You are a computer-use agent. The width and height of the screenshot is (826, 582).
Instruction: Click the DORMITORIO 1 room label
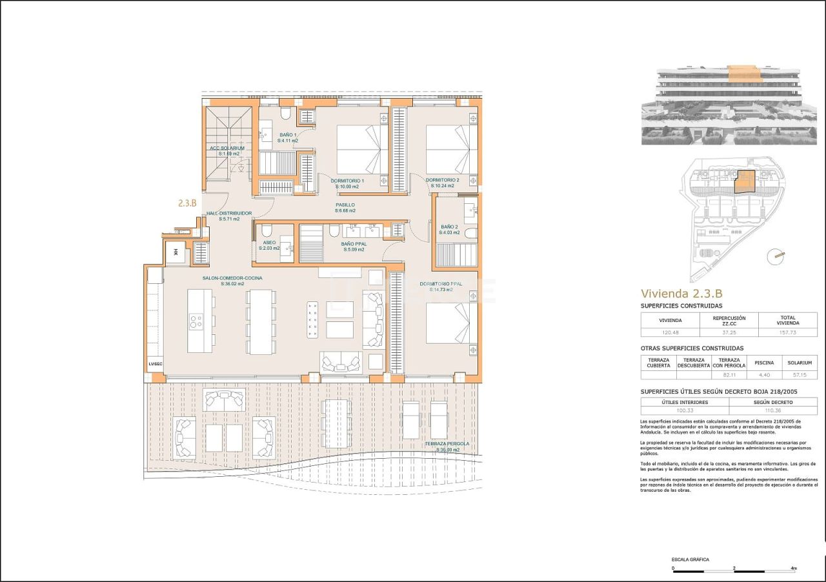[348, 181]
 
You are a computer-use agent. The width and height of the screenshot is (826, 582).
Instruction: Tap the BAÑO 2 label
[450, 226]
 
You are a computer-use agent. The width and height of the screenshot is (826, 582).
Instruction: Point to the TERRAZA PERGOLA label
[447, 444]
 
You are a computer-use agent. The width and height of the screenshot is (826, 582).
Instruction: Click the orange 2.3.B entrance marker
[186, 202]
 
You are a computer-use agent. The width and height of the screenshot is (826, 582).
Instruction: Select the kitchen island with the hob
[200, 321]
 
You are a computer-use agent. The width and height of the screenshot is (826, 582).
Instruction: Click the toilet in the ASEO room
[266, 232]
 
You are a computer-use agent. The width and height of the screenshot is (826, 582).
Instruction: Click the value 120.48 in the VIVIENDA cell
[670, 332]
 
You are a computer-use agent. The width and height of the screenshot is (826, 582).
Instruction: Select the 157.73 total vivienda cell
[788, 332]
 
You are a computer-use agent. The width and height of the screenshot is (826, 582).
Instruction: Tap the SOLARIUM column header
[799, 363]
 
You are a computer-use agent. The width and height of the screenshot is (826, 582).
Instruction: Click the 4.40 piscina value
[764, 374]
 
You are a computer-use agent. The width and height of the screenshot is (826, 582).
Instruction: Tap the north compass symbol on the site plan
[776, 256]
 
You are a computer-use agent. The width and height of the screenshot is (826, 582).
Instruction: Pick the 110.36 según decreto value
[772, 410]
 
